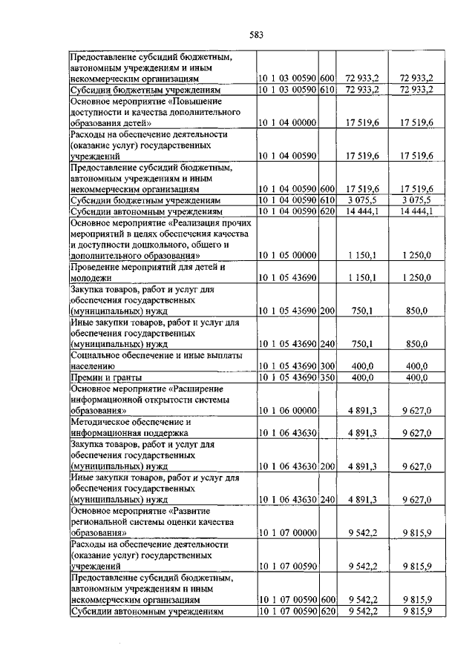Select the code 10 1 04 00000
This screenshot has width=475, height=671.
(288, 122)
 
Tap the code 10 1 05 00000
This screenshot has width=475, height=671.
(288, 256)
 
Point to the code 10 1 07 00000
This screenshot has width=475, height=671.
(288, 532)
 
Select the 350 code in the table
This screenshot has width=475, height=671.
(327, 378)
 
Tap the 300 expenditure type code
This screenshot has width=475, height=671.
(327, 366)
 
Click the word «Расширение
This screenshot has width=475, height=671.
(206, 389)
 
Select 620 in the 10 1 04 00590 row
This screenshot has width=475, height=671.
(327, 211)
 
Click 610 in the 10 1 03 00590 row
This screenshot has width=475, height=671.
(327, 89)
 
